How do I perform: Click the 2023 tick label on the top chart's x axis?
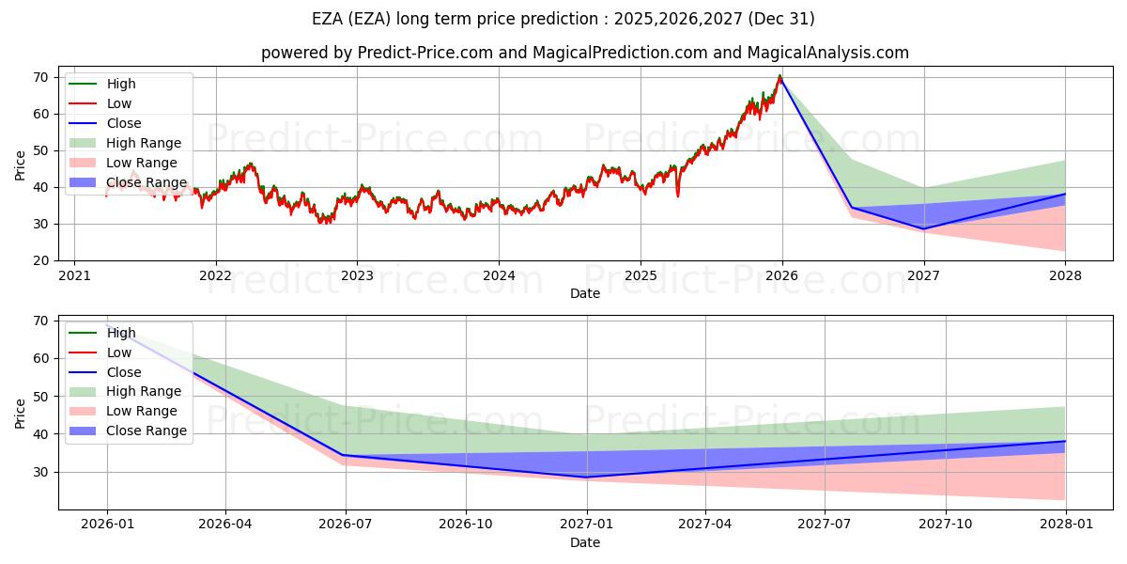click(357, 275)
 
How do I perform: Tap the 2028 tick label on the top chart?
click(1065, 275)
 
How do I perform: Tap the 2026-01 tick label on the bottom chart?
click(106, 525)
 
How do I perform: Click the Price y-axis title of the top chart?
click(20, 165)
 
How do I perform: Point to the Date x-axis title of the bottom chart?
click(585, 542)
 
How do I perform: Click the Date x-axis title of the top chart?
click(585, 293)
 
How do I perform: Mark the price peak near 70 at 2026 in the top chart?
click(780, 76)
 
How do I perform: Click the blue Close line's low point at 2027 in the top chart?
click(923, 228)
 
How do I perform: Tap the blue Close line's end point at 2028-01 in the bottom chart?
click(1065, 441)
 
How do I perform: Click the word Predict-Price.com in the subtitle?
click(425, 53)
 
